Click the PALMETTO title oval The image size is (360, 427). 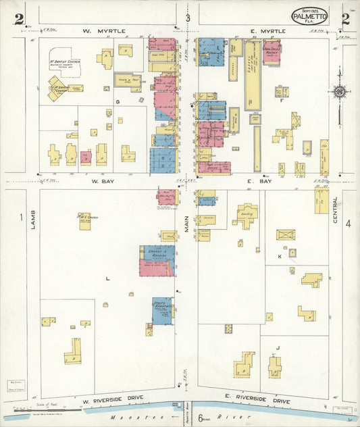coord(311,16)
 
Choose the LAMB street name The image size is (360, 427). coord(32,222)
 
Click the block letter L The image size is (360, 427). coord(107,277)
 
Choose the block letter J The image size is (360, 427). coord(278,349)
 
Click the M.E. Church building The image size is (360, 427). coord(84,222)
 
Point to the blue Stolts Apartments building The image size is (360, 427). coord(162,311)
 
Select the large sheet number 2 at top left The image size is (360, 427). coord(18,19)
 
